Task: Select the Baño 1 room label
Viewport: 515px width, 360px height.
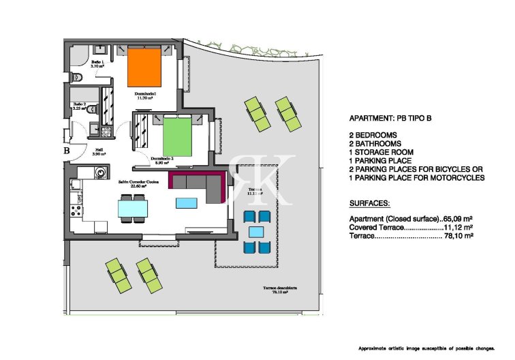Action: [97, 64]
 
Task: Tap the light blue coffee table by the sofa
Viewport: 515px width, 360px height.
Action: [186, 202]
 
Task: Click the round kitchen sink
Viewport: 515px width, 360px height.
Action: [101, 175]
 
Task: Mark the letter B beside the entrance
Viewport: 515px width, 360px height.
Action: [67, 150]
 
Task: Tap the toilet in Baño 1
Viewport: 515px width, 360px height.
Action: [78, 76]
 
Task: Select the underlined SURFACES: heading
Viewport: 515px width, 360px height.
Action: [369, 204]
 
